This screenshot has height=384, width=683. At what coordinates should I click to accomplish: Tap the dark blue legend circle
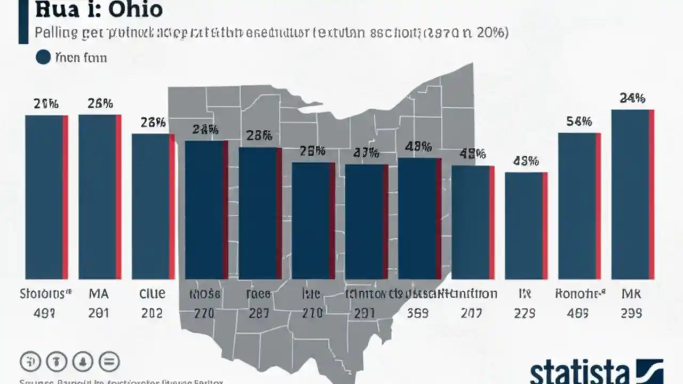pos(43,57)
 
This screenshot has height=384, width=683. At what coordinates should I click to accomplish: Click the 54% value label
pos(579,122)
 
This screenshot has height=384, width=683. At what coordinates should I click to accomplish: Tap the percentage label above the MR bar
pos(632,98)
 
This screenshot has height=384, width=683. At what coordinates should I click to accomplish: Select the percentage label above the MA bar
pos(100,103)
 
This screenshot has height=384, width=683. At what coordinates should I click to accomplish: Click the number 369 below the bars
pos(418,314)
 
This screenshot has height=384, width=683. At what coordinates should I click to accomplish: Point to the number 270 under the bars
pos(204,314)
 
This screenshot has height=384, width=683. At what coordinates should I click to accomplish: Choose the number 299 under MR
pos(631,314)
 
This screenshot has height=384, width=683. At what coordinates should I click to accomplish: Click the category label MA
pos(99,294)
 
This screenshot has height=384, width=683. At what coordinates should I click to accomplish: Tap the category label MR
pos(631,294)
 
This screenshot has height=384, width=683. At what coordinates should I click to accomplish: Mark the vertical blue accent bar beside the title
pos(23,21)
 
